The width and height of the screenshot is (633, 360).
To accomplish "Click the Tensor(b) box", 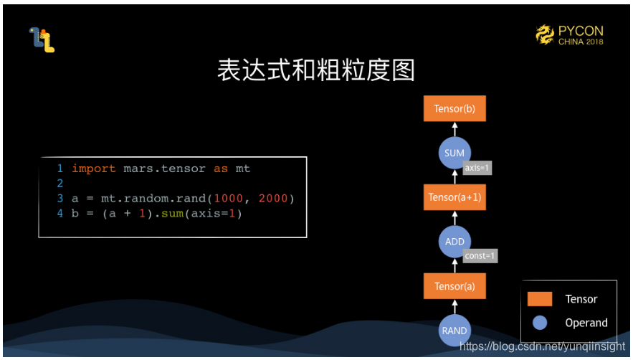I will point(454,109).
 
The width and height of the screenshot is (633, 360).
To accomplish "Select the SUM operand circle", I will point(454,153).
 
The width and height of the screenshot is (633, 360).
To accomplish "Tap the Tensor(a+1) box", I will point(454,197).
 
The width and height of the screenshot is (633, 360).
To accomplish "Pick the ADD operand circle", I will point(454,242).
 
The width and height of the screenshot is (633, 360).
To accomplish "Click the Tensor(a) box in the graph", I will point(454,286).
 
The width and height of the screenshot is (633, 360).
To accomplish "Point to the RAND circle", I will point(454,331).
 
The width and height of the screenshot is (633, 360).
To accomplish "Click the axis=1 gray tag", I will point(477,168).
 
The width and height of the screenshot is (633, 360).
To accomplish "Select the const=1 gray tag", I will point(480,255).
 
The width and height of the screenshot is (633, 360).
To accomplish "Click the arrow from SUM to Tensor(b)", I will point(454,130).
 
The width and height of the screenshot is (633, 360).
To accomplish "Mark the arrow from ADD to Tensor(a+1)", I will point(454,218).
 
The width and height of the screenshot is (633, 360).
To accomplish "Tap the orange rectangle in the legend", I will point(539,299).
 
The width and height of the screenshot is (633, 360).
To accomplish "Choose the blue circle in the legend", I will point(539,323).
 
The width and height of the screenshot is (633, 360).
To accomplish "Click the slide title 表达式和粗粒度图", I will point(316,70).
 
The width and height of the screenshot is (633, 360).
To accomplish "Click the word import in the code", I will point(93,169).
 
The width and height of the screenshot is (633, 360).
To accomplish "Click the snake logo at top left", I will point(42,39).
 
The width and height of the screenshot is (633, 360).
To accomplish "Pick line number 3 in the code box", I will point(60,199).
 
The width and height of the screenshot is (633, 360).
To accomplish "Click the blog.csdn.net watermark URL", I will point(542,346).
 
